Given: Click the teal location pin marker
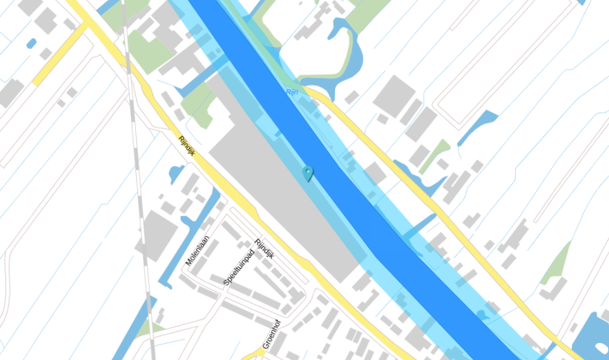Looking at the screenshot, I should (x=308, y=173).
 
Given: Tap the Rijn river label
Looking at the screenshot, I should (x=292, y=92).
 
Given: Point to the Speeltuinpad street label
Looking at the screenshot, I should (x=237, y=267).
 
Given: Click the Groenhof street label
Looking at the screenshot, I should (x=271, y=337).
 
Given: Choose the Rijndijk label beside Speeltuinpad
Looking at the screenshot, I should (x=265, y=249).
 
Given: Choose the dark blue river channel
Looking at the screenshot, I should (x=338, y=163).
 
